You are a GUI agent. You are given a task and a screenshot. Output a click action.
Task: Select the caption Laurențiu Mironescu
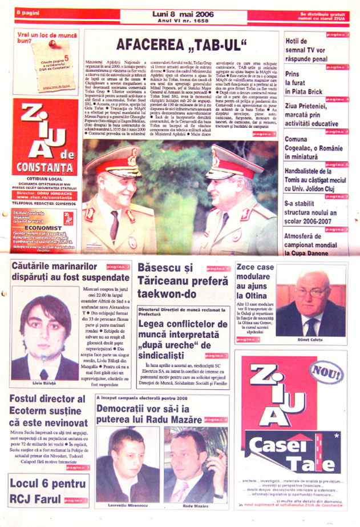[127, 506]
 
